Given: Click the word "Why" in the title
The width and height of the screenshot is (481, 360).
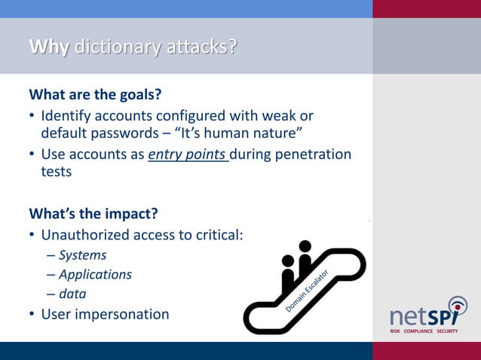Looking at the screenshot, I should pos(48,47).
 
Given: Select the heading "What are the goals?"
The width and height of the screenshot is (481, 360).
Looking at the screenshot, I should pos(95,96).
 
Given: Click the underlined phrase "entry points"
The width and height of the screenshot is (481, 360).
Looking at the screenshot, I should pos(188,154).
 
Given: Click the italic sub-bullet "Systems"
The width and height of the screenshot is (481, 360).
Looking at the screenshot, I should pos(82,255).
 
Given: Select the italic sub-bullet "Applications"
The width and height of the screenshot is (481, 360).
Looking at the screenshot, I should pos(95,274).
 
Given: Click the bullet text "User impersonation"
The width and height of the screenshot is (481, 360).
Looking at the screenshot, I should pos(105,314).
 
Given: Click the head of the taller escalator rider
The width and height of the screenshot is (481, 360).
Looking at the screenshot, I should pos(305,246).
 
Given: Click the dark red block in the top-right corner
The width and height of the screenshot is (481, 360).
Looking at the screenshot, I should pos(427,8).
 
